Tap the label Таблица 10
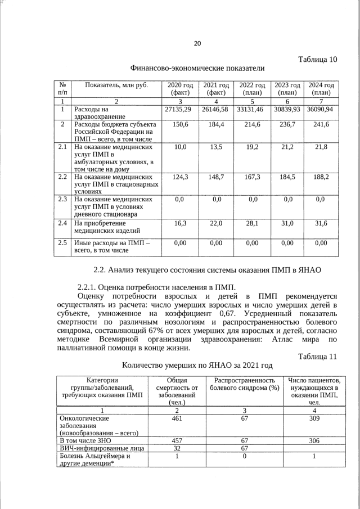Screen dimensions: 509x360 tap(318, 59)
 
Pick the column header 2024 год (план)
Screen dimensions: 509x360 tap(321, 88)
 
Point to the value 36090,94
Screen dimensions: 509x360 tap(321, 109)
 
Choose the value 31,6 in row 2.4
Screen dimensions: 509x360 tap(321, 223)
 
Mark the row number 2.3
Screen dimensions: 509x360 tap(63, 199)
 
